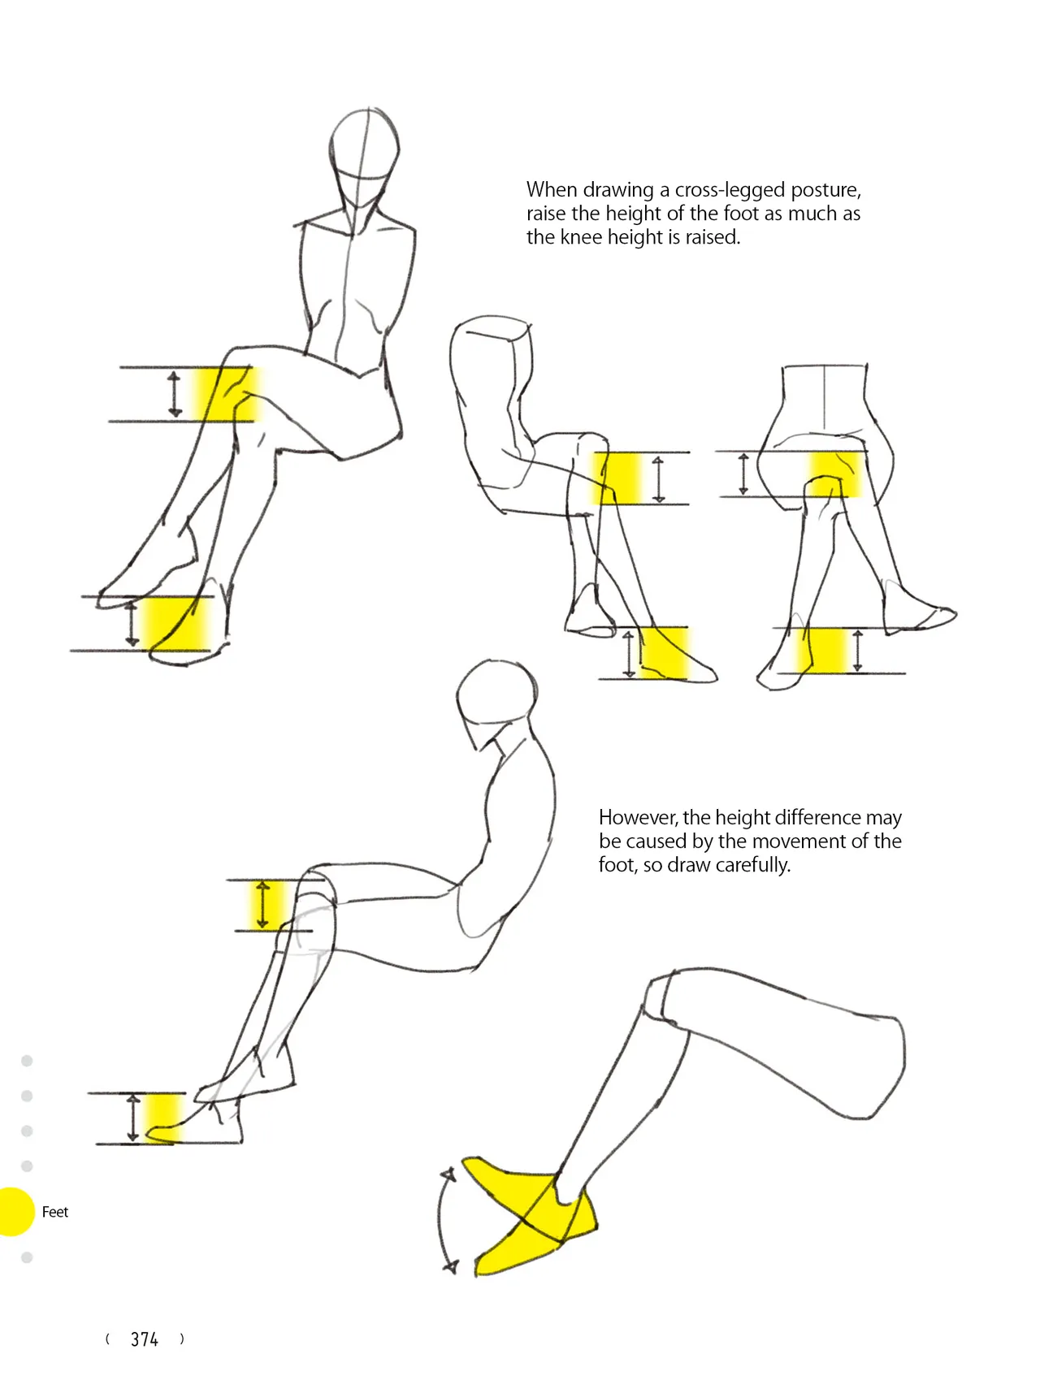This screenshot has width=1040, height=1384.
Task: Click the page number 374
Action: click(145, 1339)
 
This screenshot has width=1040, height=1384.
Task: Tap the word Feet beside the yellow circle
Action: click(55, 1212)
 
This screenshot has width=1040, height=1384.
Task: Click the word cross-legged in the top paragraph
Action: click(722, 190)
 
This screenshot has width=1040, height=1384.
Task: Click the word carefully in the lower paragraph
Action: click(752, 865)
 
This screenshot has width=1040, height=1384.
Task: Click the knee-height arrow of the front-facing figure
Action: click(175, 394)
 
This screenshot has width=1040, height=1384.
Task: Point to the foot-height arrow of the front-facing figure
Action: click(132, 623)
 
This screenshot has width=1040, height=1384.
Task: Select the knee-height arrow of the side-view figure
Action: click(262, 904)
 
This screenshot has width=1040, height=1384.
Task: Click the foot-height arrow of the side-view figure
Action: click(133, 1118)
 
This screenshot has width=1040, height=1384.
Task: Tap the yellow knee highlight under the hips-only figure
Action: click(835, 474)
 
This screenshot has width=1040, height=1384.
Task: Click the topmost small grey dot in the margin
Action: click(27, 1061)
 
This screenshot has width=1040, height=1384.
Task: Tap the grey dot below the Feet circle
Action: click(27, 1258)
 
